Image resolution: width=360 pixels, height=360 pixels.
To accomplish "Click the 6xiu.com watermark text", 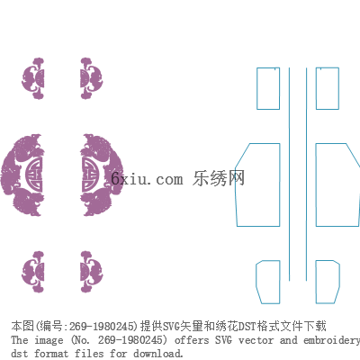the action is (x=147, y=179).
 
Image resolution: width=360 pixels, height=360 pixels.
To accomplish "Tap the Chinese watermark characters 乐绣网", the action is (x=219, y=178).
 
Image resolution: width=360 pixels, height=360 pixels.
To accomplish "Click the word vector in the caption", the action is (x=256, y=340).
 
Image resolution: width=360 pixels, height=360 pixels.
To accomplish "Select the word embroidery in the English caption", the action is (x=331, y=341).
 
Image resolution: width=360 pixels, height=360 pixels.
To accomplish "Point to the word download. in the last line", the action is (x=158, y=354).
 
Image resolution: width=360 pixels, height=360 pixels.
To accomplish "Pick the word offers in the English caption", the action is (x=192, y=340).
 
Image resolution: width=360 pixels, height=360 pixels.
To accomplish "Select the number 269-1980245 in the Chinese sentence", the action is (x=102, y=326).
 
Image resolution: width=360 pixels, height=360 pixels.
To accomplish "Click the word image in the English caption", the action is (x=49, y=340).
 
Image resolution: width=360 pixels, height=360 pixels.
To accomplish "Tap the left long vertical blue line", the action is (x=289, y=174).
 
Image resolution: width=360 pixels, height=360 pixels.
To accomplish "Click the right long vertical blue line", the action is (x=306, y=174).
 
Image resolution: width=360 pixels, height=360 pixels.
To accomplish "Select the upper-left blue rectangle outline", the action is (x=256, y=88).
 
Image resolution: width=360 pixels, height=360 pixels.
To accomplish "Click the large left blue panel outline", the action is (x=280, y=184).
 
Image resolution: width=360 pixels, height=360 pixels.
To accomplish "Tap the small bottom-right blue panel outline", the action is (x=316, y=282).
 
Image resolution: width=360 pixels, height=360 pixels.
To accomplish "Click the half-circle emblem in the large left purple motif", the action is (x=35, y=175).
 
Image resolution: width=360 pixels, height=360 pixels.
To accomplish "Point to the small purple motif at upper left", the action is (x=33, y=78).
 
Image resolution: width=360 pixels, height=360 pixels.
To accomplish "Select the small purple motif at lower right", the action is (x=92, y=272).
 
